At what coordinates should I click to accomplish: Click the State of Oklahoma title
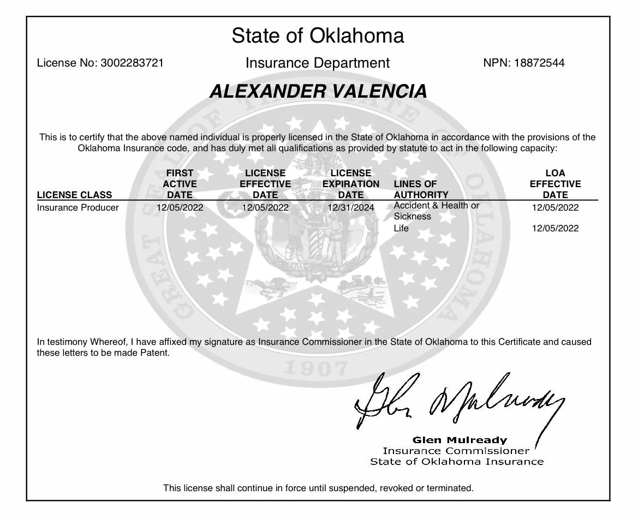pos(318,36)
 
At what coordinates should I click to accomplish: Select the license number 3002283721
pos(132,63)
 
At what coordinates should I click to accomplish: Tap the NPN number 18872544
pos(539,63)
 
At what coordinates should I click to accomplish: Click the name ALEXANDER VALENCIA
pos(318,91)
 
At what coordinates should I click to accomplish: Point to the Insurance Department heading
pos(318,63)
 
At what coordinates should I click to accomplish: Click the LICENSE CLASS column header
pos(74,195)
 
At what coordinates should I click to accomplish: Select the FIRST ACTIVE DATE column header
pos(180,184)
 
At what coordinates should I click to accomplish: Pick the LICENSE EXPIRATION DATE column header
pos(350,184)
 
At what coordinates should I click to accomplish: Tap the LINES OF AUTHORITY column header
pos(421,189)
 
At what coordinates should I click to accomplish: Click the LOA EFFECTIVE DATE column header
pos(555,184)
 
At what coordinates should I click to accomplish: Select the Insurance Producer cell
pos(77,207)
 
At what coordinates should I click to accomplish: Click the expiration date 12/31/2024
pos(350,207)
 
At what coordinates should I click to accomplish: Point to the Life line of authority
pos(401,228)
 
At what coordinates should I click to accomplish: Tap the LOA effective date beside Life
pos(555,228)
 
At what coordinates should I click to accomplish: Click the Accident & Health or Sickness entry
pos(436,211)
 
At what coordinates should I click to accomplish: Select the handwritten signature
pos(458,401)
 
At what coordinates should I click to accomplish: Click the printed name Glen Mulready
pos(460,440)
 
